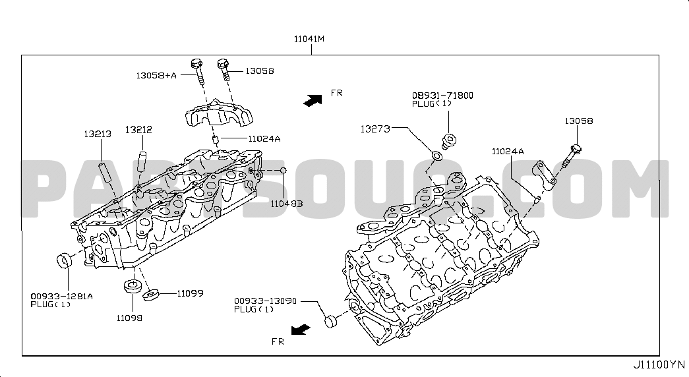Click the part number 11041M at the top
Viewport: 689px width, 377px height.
309,39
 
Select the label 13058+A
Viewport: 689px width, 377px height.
156,75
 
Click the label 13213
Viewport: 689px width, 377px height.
98,134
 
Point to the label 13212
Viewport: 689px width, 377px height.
138,130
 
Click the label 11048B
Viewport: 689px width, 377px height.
287,204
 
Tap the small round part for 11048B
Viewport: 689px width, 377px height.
284,170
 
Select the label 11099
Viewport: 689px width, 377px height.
191,293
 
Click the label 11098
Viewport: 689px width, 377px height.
130,318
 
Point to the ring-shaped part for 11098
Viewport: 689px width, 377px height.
131,285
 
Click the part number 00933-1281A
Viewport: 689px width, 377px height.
61,296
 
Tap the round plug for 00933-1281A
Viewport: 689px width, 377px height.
65,260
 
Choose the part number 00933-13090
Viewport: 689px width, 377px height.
266,301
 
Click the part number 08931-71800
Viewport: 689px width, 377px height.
442,96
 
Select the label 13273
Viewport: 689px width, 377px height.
375,129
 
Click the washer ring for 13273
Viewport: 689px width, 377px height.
436,156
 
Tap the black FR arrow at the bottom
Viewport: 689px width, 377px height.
301,330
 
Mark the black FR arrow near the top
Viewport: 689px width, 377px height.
313,100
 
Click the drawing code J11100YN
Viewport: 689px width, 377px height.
659,364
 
